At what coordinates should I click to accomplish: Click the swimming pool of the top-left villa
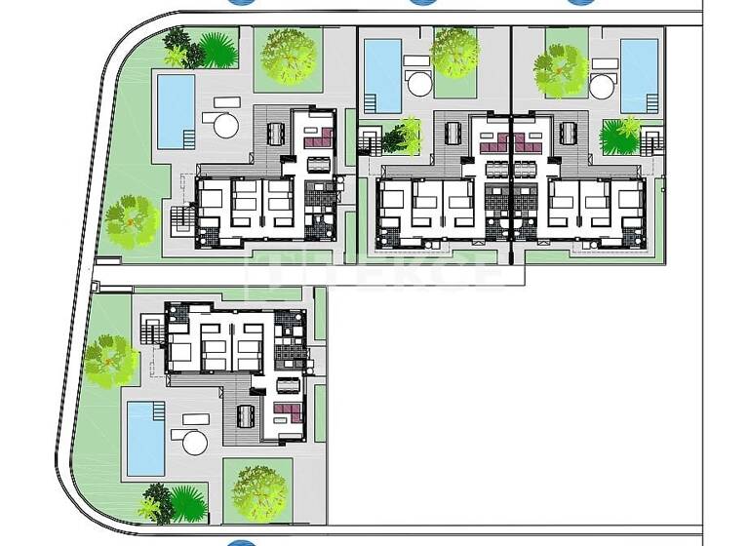177,111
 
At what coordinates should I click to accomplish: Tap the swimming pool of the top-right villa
639,75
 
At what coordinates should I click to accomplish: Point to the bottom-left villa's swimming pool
145,438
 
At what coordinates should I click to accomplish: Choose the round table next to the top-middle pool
420,83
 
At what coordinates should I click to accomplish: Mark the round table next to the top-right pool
602,86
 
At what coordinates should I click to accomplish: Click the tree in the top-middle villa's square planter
454,54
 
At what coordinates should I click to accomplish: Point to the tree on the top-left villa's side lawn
131,221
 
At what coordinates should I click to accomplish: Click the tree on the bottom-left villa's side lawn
110,361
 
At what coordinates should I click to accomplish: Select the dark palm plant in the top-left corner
177,40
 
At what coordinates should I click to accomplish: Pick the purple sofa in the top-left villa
318,142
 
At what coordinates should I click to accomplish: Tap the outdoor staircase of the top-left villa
182,220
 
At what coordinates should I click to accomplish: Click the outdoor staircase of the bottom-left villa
151,332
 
